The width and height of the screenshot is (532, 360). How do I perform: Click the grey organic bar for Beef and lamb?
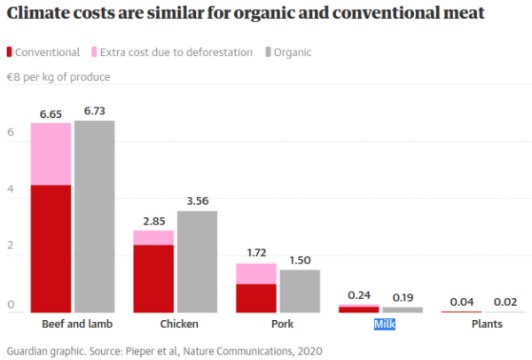[94, 216]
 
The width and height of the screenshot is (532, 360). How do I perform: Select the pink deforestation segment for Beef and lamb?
[51, 153]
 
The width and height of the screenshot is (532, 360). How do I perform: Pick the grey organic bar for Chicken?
[197, 262]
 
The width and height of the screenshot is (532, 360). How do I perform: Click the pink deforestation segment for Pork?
[256, 274]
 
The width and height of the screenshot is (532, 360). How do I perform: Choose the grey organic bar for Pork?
[300, 291]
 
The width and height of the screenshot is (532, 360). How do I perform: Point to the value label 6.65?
[51, 113]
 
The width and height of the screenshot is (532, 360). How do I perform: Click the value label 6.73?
[94, 112]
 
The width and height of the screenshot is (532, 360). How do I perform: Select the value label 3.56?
[197, 201]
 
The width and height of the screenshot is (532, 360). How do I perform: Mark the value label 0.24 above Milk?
[359, 295]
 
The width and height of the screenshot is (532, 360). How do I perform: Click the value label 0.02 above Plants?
[505, 301]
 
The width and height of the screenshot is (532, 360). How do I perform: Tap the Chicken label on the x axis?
[176, 325]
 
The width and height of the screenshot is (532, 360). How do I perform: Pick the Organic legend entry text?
[293, 52]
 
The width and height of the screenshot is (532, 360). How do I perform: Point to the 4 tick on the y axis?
[12, 190]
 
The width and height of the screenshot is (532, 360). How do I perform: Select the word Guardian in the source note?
[28, 350]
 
